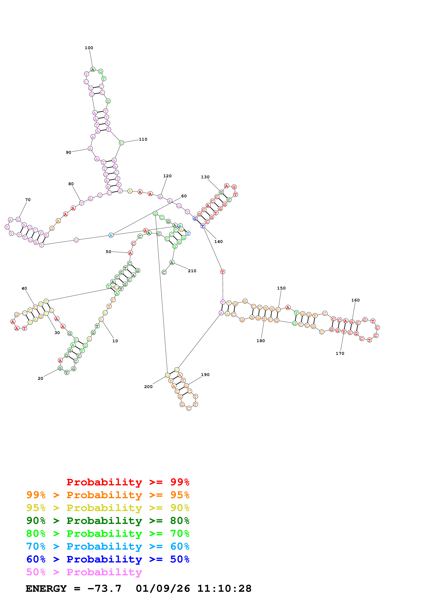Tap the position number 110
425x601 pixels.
click(x=143, y=139)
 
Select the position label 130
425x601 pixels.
click(x=205, y=177)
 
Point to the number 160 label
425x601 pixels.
click(x=355, y=300)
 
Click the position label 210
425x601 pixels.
click(x=192, y=271)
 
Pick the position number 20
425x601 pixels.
click(x=40, y=378)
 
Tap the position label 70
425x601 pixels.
click(x=28, y=200)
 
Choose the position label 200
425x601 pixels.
click(x=148, y=387)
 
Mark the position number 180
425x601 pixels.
click(x=261, y=341)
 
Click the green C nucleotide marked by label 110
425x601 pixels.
click(x=121, y=143)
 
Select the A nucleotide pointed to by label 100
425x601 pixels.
click(x=93, y=69)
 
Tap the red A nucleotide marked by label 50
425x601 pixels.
click(x=130, y=253)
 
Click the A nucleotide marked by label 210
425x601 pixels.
click(x=172, y=262)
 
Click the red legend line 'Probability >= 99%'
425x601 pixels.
click(x=128, y=482)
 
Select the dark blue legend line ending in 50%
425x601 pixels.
click(x=108, y=559)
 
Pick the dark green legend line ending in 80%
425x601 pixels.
click(x=108, y=521)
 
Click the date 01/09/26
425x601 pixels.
click(x=163, y=588)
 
